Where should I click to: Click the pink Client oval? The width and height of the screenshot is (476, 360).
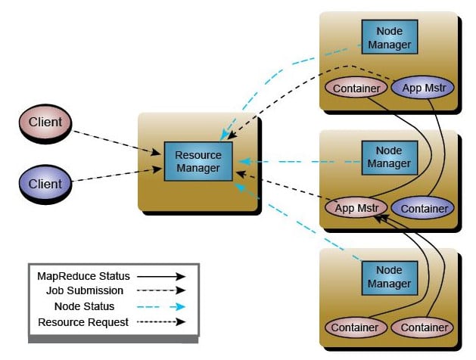coord(45,122)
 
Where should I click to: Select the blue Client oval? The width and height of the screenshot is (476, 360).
coord(45,183)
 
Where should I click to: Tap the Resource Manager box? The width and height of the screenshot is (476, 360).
coord(198,161)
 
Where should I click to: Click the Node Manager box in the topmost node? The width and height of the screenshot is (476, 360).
coord(389,38)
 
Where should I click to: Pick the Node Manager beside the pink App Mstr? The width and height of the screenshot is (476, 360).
coord(389,157)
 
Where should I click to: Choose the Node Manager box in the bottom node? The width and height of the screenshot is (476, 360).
coord(389,277)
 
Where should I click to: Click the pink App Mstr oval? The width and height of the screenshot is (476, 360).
coord(356,207)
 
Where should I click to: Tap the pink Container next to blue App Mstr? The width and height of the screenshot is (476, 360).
coord(356,88)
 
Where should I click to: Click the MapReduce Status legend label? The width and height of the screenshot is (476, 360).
coord(83,276)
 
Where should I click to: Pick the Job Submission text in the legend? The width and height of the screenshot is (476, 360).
coord(83,291)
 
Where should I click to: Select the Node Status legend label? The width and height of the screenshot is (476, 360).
coord(84,306)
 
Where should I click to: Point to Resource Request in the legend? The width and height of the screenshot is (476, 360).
coord(83,322)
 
